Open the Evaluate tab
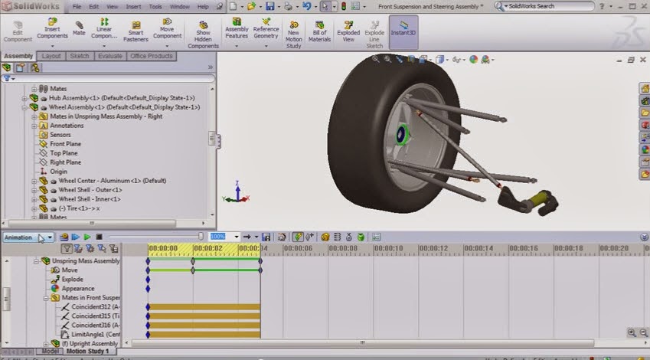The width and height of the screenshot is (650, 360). (109, 56)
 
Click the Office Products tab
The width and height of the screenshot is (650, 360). (152, 56)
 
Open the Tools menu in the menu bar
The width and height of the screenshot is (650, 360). (155, 6)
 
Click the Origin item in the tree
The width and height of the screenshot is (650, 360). (58, 172)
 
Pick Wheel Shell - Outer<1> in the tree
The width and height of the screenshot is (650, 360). (90, 190)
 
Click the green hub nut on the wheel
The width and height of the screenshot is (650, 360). (403, 137)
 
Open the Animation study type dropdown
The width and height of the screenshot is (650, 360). (28, 237)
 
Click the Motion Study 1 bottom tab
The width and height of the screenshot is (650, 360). (85, 352)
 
